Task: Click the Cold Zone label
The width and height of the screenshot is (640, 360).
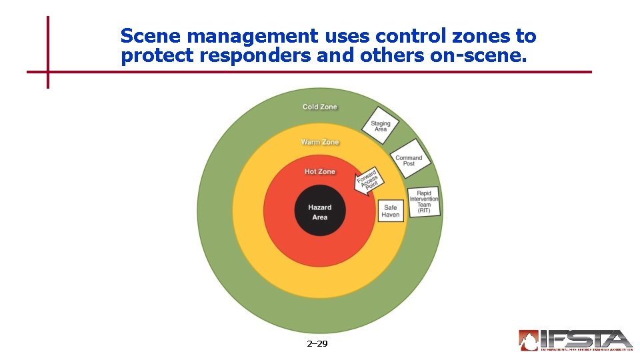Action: [320, 107]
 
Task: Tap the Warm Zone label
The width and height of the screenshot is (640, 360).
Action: [320, 142]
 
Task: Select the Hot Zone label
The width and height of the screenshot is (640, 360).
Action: [320, 171]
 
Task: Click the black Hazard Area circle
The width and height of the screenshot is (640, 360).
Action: [320, 211]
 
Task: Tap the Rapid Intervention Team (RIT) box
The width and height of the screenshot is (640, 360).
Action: [424, 202]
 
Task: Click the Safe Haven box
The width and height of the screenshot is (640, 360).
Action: [391, 211]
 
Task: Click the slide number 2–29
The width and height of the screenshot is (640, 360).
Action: [317, 344]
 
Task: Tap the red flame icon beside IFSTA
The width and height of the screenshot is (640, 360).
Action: [529, 340]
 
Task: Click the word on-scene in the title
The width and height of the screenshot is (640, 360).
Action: [479, 56]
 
